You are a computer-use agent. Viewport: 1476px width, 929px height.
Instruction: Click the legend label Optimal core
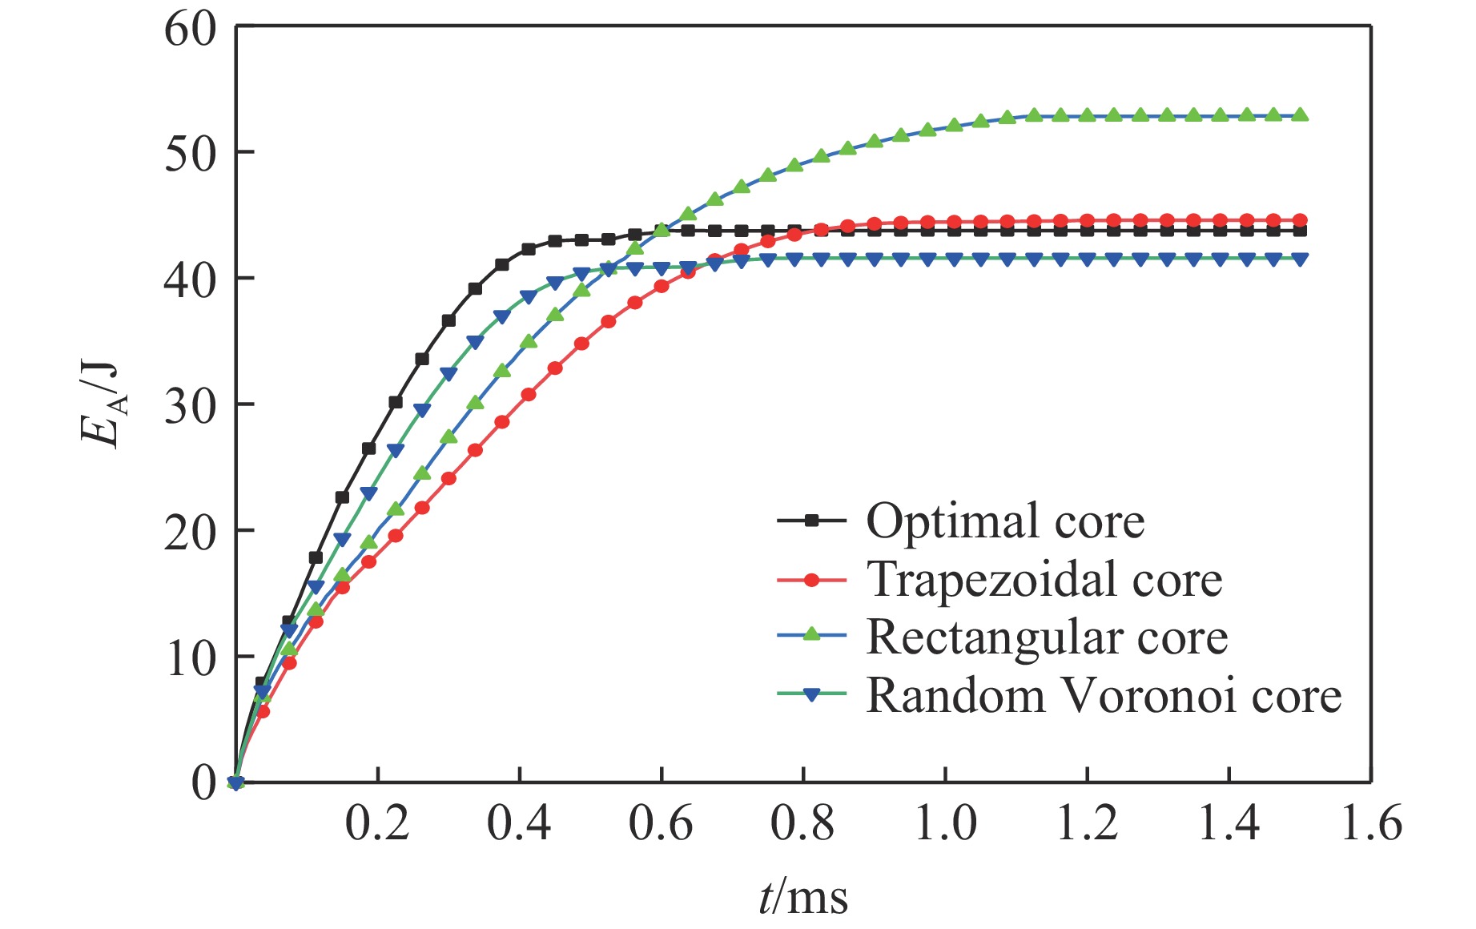click(x=1005, y=521)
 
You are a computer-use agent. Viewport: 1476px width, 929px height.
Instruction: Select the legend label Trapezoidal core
click(x=1044, y=579)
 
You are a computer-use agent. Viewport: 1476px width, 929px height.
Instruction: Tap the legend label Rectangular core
click(x=1047, y=637)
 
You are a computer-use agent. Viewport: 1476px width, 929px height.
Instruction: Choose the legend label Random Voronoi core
click(x=1104, y=695)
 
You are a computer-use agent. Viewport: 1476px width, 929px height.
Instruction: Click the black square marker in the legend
click(x=811, y=521)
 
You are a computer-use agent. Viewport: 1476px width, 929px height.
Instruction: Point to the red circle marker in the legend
click(x=811, y=579)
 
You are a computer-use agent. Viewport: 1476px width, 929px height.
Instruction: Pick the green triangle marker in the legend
click(x=811, y=636)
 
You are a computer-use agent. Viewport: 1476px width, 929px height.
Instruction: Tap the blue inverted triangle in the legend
click(x=811, y=696)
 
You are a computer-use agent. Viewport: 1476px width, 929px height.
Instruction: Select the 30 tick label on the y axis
click(x=191, y=406)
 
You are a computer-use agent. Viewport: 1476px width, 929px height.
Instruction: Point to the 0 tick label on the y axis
click(x=204, y=782)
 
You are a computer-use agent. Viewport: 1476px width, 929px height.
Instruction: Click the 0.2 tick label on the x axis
click(x=377, y=823)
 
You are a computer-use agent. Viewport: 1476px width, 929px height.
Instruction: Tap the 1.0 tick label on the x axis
click(x=945, y=823)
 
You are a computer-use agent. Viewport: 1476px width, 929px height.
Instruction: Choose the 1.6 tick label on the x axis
click(x=1370, y=823)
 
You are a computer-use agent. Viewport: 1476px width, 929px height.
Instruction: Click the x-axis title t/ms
click(x=802, y=897)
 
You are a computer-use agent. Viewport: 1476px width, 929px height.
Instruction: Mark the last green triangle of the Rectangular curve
click(x=1300, y=115)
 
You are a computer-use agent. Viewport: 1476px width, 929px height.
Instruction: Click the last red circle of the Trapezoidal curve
click(x=1300, y=220)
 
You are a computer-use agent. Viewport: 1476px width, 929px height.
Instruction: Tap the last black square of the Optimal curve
click(x=1300, y=231)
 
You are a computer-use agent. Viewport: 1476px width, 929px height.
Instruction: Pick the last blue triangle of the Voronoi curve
click(x=1300, y=259)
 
